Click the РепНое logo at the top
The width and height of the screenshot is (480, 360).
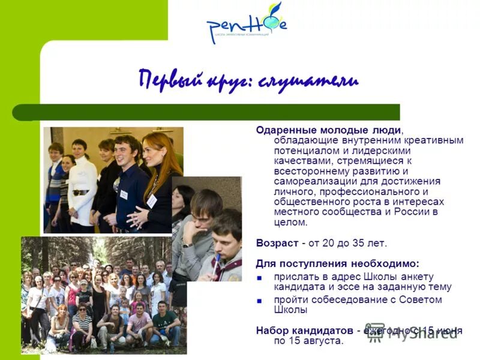246,24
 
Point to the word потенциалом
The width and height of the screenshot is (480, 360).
300,151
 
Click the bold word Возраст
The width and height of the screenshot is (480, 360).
277,243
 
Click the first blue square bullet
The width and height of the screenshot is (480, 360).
260,277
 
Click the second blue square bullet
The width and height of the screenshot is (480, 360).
260,300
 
